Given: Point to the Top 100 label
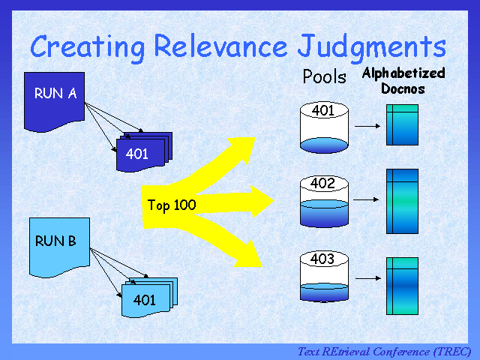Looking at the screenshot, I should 172,205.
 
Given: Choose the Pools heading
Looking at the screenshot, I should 324,76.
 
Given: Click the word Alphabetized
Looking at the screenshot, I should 403,73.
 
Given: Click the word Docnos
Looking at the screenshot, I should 403,88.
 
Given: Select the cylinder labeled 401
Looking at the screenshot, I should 323,126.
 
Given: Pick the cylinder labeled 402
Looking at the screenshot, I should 323,201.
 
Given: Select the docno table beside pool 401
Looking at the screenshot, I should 401,124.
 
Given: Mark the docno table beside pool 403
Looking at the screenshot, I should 401,286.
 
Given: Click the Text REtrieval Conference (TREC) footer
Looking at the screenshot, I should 384,352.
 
